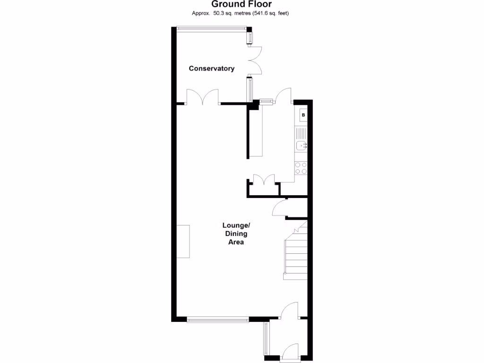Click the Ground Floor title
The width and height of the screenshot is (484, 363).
pos(242,4)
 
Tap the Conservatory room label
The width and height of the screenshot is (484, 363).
pos(211,69)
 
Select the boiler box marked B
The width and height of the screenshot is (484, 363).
pos(303,115)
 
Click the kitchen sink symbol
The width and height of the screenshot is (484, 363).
pos(301,146)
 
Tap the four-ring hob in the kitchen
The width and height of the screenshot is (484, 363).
pos(301,168)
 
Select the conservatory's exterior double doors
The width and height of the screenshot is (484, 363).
pos(254,60)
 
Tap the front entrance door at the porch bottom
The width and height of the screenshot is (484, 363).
pos(289,353)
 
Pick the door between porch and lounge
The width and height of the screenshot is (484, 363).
pos(289,312)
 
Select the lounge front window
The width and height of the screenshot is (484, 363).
pos(217,320)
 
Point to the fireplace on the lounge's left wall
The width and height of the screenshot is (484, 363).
pos(183,241)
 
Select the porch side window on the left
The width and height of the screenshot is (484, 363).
pos(266,338)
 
